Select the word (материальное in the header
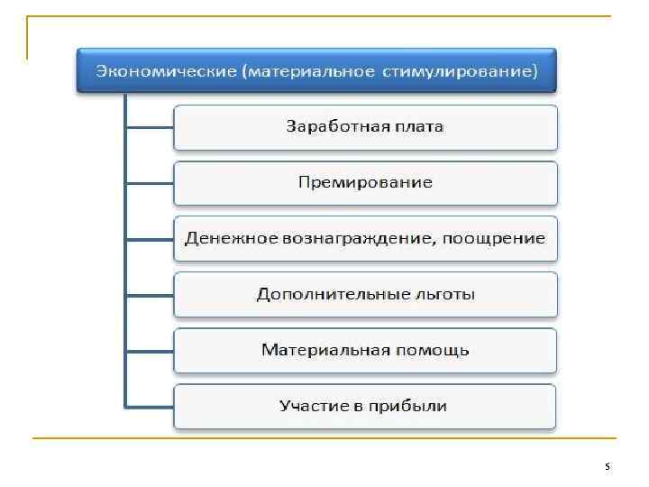click(306, 71)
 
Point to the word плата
click(417, 126)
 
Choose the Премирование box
click(365, 182)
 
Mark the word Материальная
click(323, 350)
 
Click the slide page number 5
click(607, 467)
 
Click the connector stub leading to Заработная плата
click(150, 127)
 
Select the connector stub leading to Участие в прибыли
click(150, 407)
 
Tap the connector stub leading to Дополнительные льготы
click(150, 295)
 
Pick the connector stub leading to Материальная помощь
click(150, 351)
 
